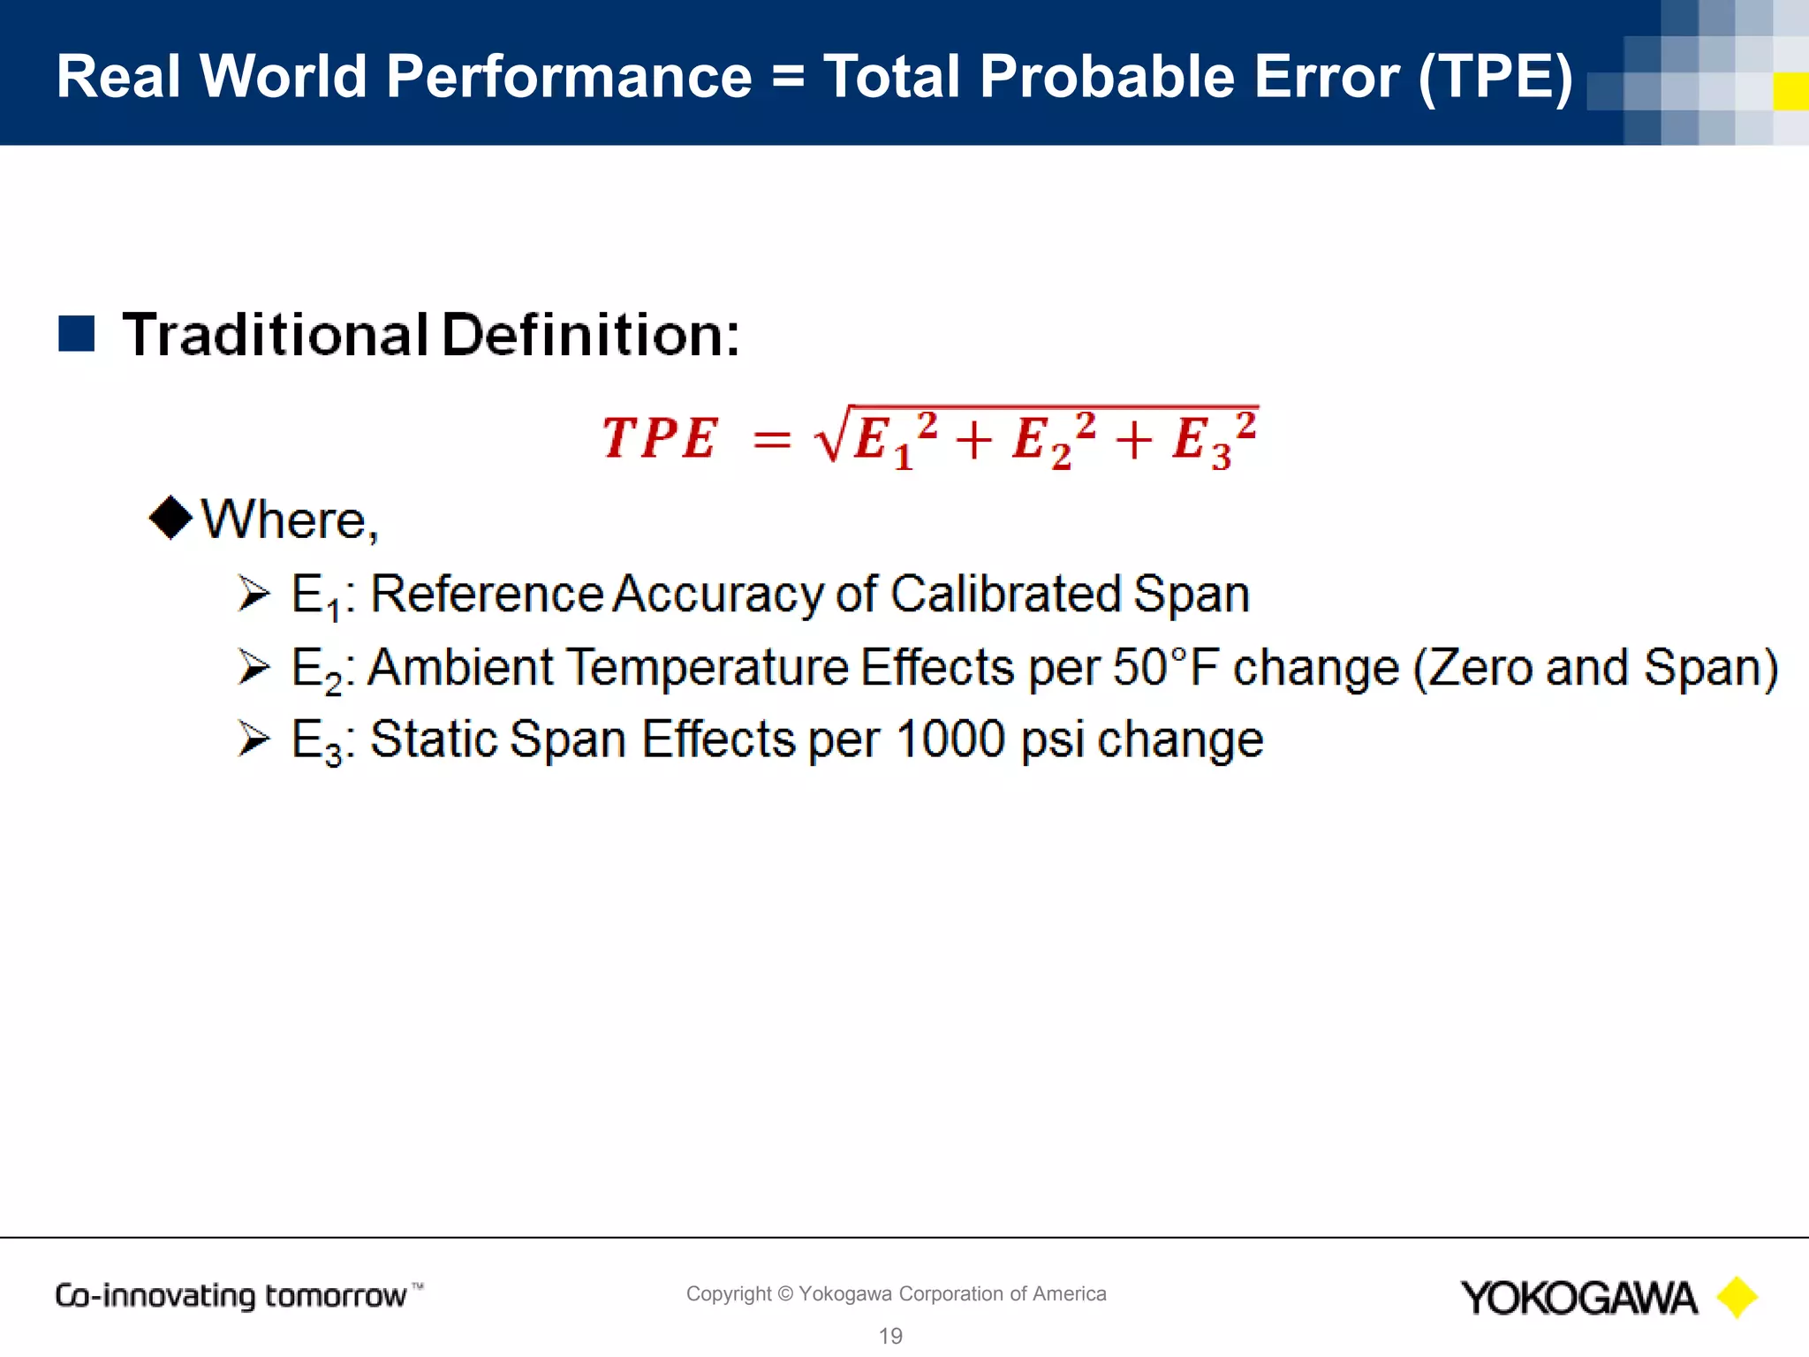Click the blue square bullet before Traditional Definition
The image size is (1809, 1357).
pos(77,334)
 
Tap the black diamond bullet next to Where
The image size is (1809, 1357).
pos(170,518)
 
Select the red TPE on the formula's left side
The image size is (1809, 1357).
pos(659,438)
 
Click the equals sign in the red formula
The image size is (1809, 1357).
pos(771,440)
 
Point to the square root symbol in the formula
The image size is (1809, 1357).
pos(833,435)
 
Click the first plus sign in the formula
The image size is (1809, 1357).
pos(973,440)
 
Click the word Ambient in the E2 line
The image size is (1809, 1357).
pos(460,667)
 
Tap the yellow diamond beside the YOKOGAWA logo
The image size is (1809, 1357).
pos(1737,1297)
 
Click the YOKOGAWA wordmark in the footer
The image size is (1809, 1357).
pos(1578,1298)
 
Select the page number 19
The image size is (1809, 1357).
pos(890,1336)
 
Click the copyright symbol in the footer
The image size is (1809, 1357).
pos(785,1293)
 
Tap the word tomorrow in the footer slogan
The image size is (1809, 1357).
pos(336,1296)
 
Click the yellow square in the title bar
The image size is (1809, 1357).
pos(1790,92)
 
